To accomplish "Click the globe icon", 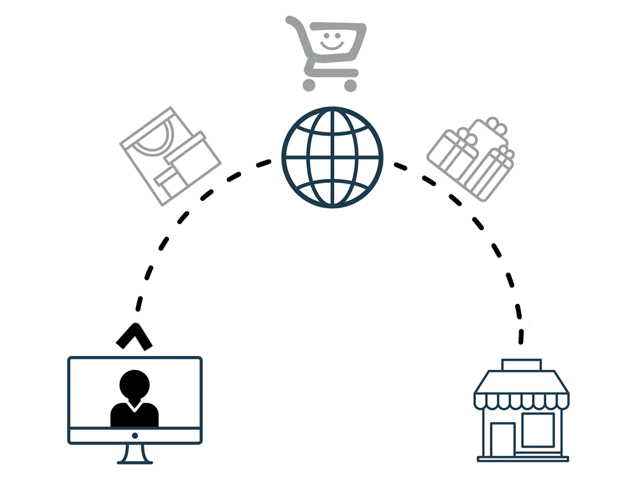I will tap(332, 157).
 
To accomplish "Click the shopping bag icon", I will tap(169, 156).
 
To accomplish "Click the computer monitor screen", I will tap(134, 393).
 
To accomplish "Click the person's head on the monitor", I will tap(134, 384).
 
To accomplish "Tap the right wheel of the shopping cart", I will tap(350, 85).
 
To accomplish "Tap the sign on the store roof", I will tap(522, 365).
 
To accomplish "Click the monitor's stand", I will tap(134, 454).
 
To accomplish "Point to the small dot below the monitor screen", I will tap(134, 436).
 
